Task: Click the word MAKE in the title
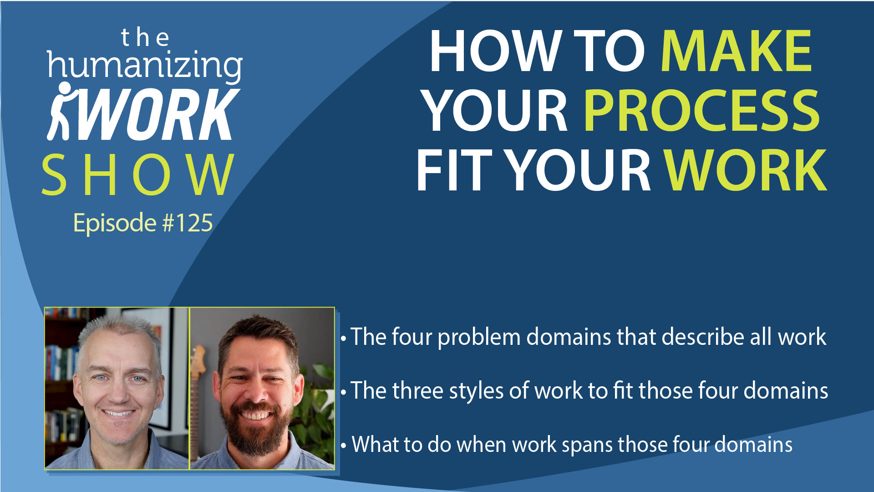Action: pos(736,51)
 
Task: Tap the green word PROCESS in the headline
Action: pos(701,110)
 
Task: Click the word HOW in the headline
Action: pos(494,51)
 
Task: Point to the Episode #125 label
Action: pos(143,223)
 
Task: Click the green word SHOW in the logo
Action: pos(138,175)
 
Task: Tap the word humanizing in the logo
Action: pos(145,67)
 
